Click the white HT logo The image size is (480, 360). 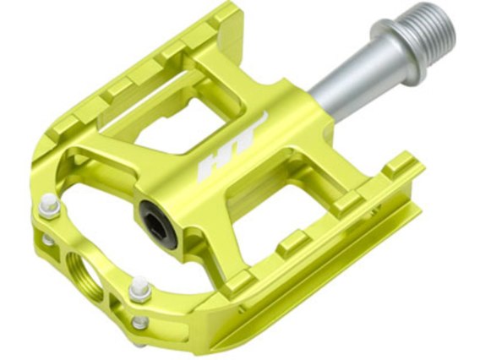(232, 148)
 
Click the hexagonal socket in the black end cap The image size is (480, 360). (156, 223)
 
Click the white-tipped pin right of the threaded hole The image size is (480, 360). (139, 288)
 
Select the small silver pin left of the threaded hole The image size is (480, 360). (47, 239)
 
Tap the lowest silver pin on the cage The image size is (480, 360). (139, 322)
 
